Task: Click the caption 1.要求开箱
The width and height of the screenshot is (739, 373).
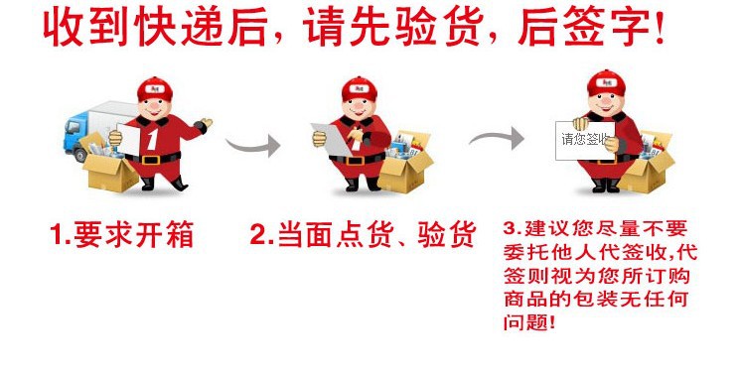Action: pyautogui.click(x=122, y=235)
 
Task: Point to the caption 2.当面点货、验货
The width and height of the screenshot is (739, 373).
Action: pyautogui.click(x=363, y=235)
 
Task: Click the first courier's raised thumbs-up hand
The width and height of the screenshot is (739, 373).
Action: pyautogui.click(x=204, y=126)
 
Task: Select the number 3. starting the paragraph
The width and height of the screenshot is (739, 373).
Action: pyautogui.click(x=513, y=227)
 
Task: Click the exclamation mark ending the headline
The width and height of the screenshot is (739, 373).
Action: pyautogui.click(x=657, y=29)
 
